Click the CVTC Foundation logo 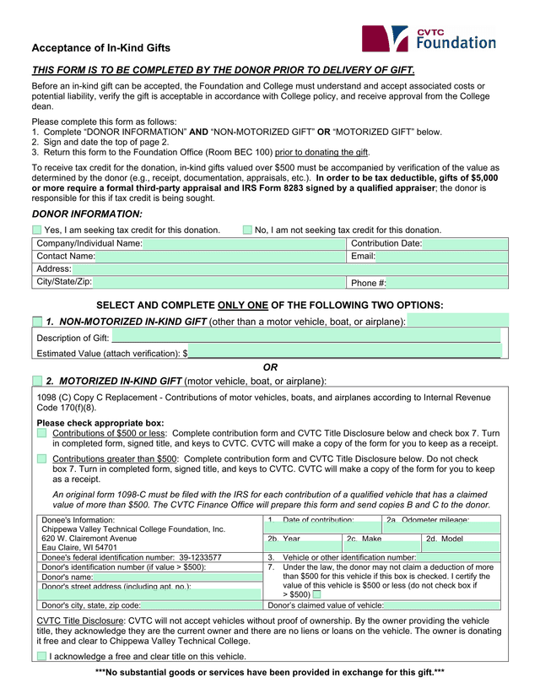429,39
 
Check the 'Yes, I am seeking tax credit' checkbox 37,230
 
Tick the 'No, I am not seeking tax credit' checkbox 247,230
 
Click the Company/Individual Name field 245,244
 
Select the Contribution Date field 465,244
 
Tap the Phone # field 447,283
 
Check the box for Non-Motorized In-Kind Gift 37,322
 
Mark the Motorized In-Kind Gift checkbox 37,381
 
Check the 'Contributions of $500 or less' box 42,433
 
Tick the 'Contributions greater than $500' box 42,458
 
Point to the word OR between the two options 270,367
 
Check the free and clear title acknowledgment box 41,656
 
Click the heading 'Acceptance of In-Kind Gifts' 101,48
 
